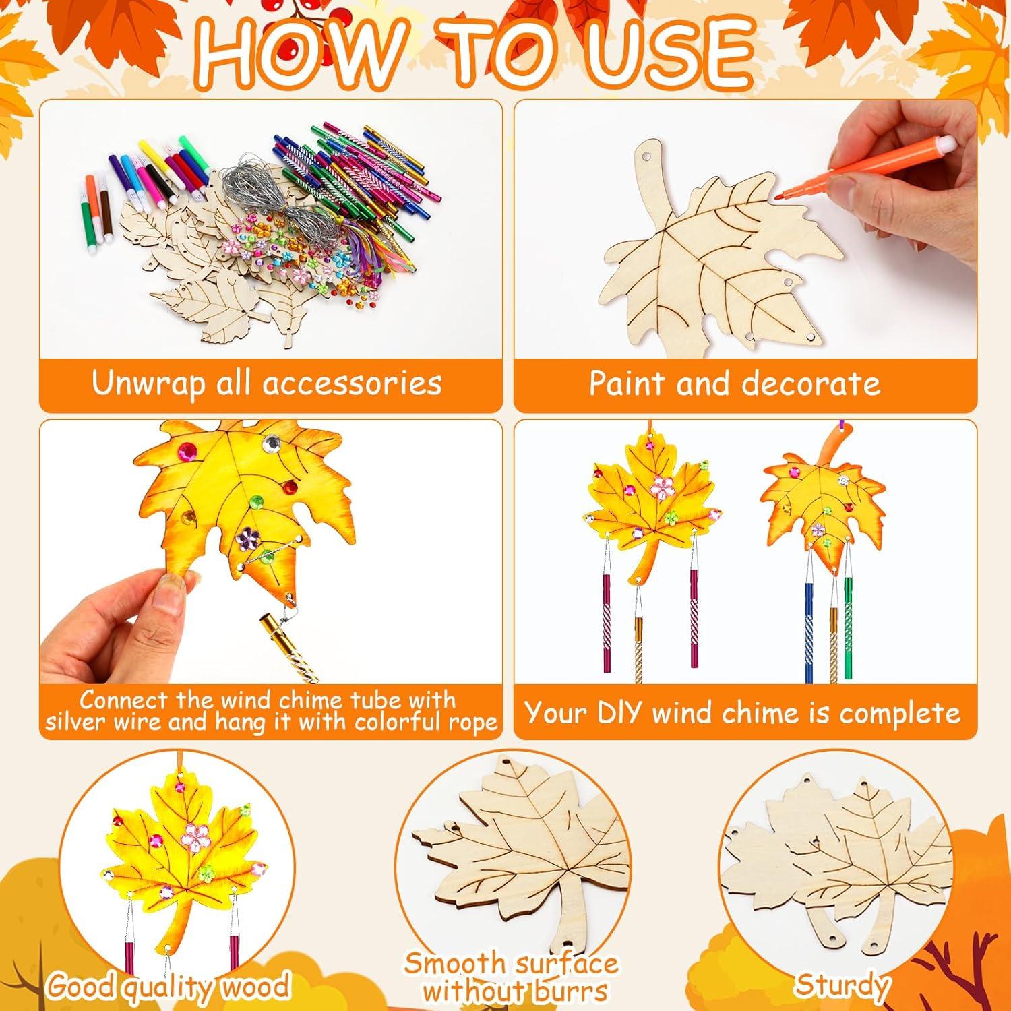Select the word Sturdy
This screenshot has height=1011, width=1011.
[x=840, y=985]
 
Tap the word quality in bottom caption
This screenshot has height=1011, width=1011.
[x=173, y=987]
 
